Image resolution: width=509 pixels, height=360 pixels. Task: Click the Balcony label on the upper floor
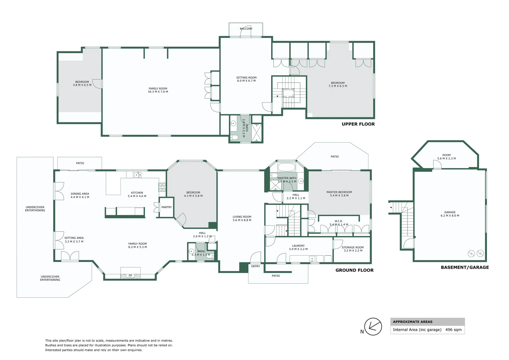(246, 29)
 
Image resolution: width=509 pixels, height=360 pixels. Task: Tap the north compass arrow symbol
(373, 327)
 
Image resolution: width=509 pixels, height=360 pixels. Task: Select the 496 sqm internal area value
(453, 330)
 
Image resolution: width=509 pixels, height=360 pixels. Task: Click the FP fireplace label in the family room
(131, 276)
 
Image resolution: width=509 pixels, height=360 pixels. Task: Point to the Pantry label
(167, 207)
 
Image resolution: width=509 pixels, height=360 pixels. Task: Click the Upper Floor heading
(358, 124)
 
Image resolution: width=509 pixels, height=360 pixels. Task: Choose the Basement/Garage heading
(465, 267)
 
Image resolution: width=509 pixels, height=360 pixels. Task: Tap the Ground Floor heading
(354, 270)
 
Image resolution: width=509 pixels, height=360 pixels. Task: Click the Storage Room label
(353, 247)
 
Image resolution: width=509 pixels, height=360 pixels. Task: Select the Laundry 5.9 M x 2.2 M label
(298, 247)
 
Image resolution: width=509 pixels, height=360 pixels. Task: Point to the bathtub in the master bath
(286, 167)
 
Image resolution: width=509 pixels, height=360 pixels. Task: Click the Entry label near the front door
(255, 266)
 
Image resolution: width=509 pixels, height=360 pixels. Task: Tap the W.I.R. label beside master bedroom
(338, 221)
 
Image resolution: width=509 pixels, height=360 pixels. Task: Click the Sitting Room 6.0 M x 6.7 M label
(246, 79)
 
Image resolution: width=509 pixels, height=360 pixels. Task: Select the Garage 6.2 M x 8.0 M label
(450, 214)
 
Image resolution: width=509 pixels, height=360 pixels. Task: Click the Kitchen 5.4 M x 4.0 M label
(137, 194)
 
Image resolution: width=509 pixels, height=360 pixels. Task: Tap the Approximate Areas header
(413, 322)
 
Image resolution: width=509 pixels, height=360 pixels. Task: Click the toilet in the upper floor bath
(234, 137)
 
